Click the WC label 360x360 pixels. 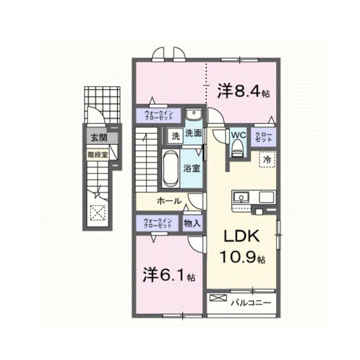click(x=237, y=135)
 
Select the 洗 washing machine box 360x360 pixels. click(x=175, y=136)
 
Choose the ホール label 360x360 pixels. click(x=168, y=201)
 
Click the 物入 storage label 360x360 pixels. click(x=192, y=222)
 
